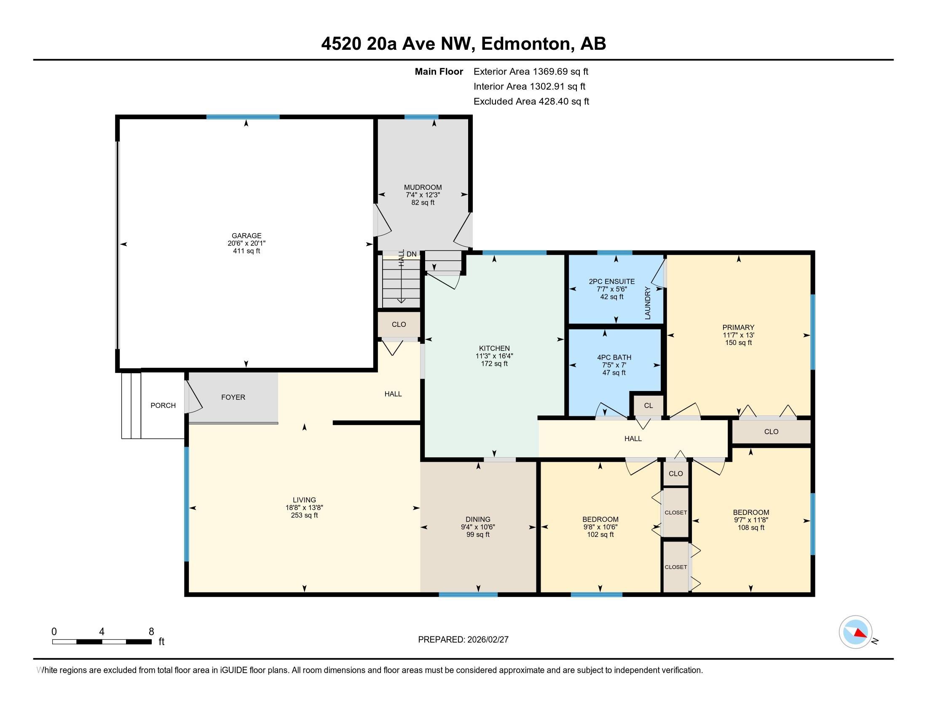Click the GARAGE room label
(x=246, y=235)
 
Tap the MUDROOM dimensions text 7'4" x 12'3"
(x=422, y=195)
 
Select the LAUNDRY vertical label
(x=647, y=303)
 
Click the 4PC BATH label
(x=614, y=357)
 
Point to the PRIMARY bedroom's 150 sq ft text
(x=738, y=343)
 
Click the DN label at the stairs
(x=411, y=254)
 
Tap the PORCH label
(x=163, y=405)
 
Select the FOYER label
(x=233, y=397)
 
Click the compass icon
(x=855, y=632)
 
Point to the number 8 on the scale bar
(x=151, y=631)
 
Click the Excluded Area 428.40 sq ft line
(x=531, y=102)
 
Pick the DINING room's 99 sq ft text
(x=478, y=534)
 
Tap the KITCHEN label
(x=494, y=348)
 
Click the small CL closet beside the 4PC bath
(x=648, y=405)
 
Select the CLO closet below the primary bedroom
(x=771, y=431)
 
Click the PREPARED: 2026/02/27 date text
(x=463, y=639)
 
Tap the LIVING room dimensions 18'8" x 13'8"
(x=304, y=507)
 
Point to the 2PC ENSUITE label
(x=612, y=281)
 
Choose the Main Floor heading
(x=439, y=72)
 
